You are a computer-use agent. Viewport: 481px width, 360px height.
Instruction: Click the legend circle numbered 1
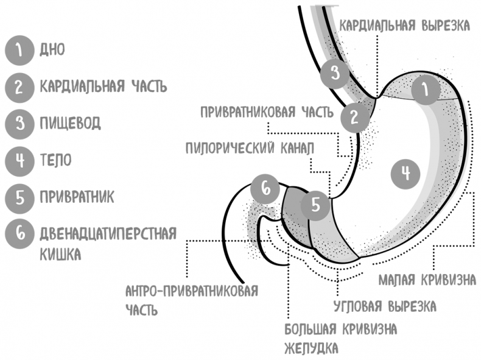pyautogui.click(x=19, y=51)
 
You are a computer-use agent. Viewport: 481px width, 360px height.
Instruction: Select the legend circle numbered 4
pyautogui.click(x=19, y=161)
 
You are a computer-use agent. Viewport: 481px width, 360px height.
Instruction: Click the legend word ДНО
pyautogui.click(x=52, y=49)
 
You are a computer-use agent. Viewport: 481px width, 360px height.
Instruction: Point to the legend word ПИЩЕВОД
pyautogui.click(x=70, y=124)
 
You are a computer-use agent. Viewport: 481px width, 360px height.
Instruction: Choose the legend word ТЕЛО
pyautogui.click(x=55, y=160)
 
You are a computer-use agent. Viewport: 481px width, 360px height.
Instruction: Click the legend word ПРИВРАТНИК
pyautogui.click(x=77, y=197)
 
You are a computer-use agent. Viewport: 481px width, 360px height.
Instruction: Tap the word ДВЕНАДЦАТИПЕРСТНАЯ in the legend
pyautogui.click(x=108, y=234)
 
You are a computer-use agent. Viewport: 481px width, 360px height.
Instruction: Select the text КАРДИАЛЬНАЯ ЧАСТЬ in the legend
pyautogui.click(x=104, y=86)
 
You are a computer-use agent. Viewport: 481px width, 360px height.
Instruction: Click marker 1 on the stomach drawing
pyautogui.click(x=426, y=90)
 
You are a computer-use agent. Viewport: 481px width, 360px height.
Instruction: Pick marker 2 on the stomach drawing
pyautogui.click(x=354, y=118)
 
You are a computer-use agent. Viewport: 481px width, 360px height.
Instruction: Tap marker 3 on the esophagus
pyautogui.click(x=335, y=74)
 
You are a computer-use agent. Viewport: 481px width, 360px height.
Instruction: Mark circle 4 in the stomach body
pyautogui.click(x=406, y=174)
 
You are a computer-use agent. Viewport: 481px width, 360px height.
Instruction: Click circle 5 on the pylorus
pyautogui.click(x=315, y=205)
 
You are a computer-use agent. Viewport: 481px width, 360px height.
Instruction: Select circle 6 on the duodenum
pyautogui.click(x=265, y=188)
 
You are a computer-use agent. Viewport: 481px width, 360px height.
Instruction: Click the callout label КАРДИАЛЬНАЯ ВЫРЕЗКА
pyautogui.click(x=405, y=26)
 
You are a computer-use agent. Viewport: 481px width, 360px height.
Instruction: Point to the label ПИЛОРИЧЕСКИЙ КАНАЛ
pyautogui.click(x=250, y=149)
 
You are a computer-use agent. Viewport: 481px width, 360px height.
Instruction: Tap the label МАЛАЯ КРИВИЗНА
pyautogui.click(x=427, y=280)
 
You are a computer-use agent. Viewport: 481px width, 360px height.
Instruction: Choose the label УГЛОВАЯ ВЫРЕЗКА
pyautogui.click(x=385, y=306)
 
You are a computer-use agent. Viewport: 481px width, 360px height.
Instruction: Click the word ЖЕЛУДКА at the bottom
pyautogui.click(x=311, y=348)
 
